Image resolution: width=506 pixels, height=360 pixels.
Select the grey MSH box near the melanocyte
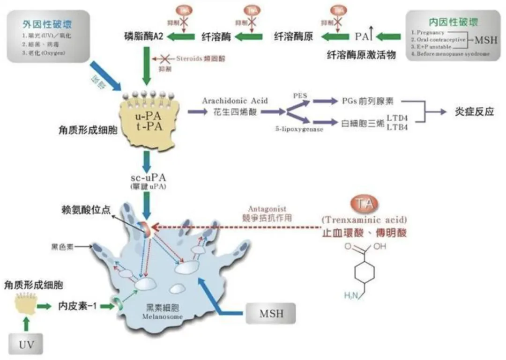pyautogui.click(x=271, y=313)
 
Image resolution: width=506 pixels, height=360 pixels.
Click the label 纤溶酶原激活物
pyautogui.click(x=361, y=55)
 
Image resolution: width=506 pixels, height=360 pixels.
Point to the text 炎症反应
pyautogui.click(x=475, y=112)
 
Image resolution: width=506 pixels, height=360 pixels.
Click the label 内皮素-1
pyautogui.click(x=77, y=306)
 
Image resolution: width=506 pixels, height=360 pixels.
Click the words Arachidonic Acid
pyautogui.click(x=235, y=101)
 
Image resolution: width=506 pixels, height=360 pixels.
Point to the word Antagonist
pyautogui.click(x=269, y=209)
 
